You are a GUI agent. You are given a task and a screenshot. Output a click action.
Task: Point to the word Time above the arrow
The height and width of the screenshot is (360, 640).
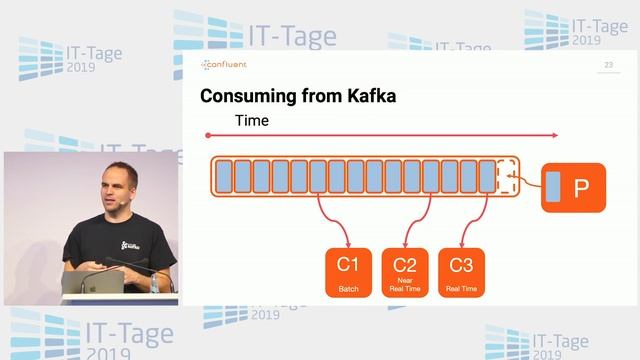click(252, 121)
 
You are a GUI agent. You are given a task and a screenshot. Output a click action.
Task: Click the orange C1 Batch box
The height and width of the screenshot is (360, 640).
click(347, 272)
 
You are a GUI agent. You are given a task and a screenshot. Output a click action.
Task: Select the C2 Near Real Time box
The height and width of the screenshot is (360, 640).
click(404, 272)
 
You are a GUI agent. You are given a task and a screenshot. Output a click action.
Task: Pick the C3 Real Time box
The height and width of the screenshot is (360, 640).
click(461, 272)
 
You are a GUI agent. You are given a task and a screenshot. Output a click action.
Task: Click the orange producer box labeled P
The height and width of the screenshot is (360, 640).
click(572, 187)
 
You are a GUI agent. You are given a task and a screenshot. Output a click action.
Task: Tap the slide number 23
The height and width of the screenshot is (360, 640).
click(608, 66)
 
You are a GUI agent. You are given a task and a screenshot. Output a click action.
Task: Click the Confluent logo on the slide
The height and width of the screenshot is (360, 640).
click(224, 66)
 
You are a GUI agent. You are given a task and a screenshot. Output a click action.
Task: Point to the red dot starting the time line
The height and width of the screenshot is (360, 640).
click(207, 135)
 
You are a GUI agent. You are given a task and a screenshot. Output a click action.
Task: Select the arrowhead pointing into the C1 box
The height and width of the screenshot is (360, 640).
click(347, 243)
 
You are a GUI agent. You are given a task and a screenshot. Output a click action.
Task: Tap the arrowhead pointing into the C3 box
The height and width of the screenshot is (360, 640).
click(461, 243)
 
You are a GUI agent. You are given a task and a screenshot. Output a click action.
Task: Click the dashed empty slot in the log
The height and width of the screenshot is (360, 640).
click(506, 176)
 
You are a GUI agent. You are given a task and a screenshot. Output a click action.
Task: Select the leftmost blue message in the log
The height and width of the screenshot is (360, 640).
click(224, 176)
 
